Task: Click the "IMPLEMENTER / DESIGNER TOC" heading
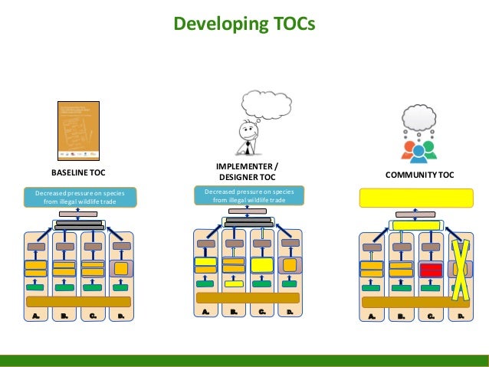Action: click(248, 172)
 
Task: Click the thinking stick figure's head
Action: click(246, 128)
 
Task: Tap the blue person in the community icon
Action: click(418, 152)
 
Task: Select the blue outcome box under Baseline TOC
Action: click(78, 197)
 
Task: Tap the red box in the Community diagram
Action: click(430, 269)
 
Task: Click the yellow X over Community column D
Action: click(461, 270)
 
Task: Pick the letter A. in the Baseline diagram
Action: click(36, 314)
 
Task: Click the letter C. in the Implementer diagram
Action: click(262, 313)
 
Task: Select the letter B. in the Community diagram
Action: click(402, 315)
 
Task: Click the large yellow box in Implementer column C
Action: click(262, 264)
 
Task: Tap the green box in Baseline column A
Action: click(36, 288)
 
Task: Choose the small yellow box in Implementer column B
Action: click(234, 284)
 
